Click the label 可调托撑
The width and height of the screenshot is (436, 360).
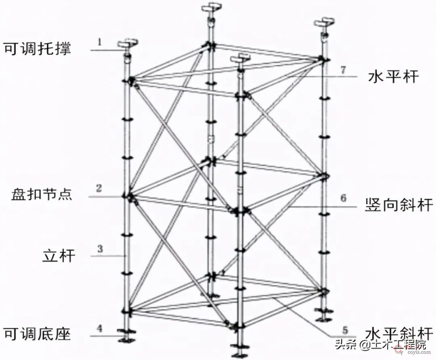click(x=37, y=49)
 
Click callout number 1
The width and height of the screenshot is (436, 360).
click(x=100, y=41)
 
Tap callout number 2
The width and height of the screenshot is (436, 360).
click(x=99, y=187)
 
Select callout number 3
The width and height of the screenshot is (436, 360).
click(x=100, y=249)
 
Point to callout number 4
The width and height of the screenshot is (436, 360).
click(x=100, y=328)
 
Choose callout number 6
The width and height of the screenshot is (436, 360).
click(x=343, y=198)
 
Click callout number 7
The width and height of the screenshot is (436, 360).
click(x=343, y=69)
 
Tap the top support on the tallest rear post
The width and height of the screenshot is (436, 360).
click(x=211, y=8)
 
